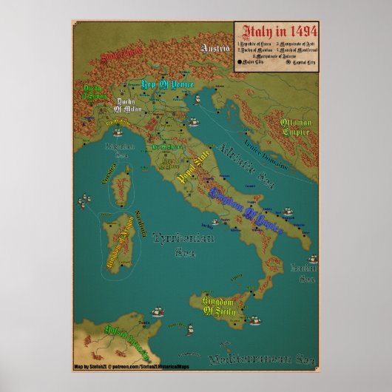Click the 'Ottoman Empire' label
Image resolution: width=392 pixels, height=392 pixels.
tap(299, 129)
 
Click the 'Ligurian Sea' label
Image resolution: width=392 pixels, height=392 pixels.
tap(118, 152)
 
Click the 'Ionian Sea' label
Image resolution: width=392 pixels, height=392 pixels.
tap(304, 272)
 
